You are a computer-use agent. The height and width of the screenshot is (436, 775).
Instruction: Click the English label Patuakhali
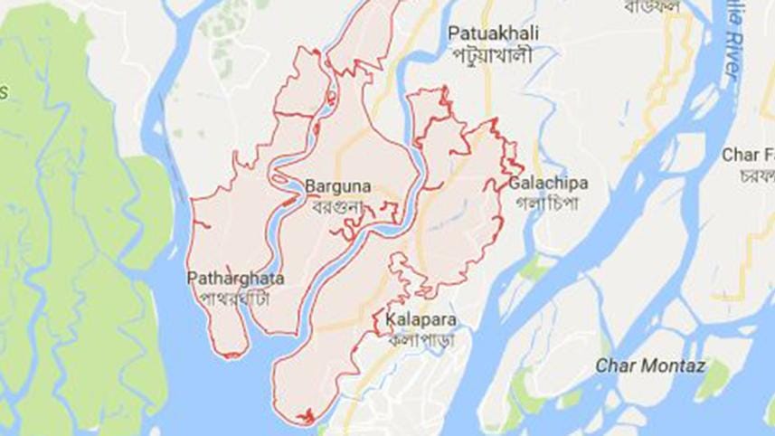494,33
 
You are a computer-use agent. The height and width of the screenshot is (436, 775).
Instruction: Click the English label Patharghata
235,277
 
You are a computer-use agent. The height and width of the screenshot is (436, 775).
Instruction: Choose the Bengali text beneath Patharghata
235,297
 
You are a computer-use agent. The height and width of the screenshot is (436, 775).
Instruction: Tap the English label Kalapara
420,320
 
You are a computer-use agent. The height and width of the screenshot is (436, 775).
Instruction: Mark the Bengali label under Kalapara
420,340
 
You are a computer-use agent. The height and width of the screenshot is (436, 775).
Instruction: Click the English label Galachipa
548,183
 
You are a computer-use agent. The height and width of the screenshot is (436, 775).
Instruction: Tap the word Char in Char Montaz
615,365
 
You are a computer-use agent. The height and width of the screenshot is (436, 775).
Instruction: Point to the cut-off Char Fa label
747,155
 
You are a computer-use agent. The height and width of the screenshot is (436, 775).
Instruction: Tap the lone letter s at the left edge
4,91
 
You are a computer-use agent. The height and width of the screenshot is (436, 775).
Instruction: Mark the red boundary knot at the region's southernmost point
306,417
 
